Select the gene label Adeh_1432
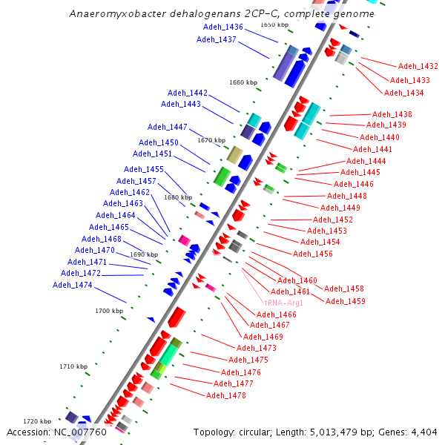click(418, 66)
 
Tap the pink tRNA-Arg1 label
click(284, 303)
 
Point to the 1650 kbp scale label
click(274, 25)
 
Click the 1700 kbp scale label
click(109, 311)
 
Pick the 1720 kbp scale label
click(37, 421)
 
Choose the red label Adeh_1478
click(226, 395)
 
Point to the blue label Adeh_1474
click(73, 285)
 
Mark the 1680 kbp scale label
click(178, 197)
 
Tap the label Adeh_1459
click(346, 301)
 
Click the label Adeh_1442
click(188, 93)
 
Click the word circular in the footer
click(262, 432)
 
